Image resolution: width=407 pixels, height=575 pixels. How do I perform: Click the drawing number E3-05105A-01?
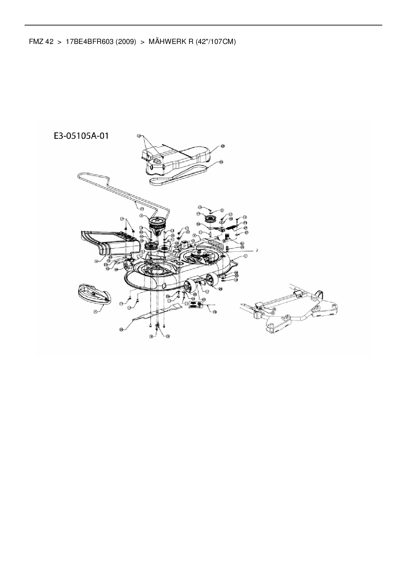pos(81,135)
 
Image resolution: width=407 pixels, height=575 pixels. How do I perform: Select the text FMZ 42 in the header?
pos(41,42)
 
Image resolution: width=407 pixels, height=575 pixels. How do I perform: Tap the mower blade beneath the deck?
pos(154,313)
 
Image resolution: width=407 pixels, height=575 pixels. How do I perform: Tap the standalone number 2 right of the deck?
pos(257,250)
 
